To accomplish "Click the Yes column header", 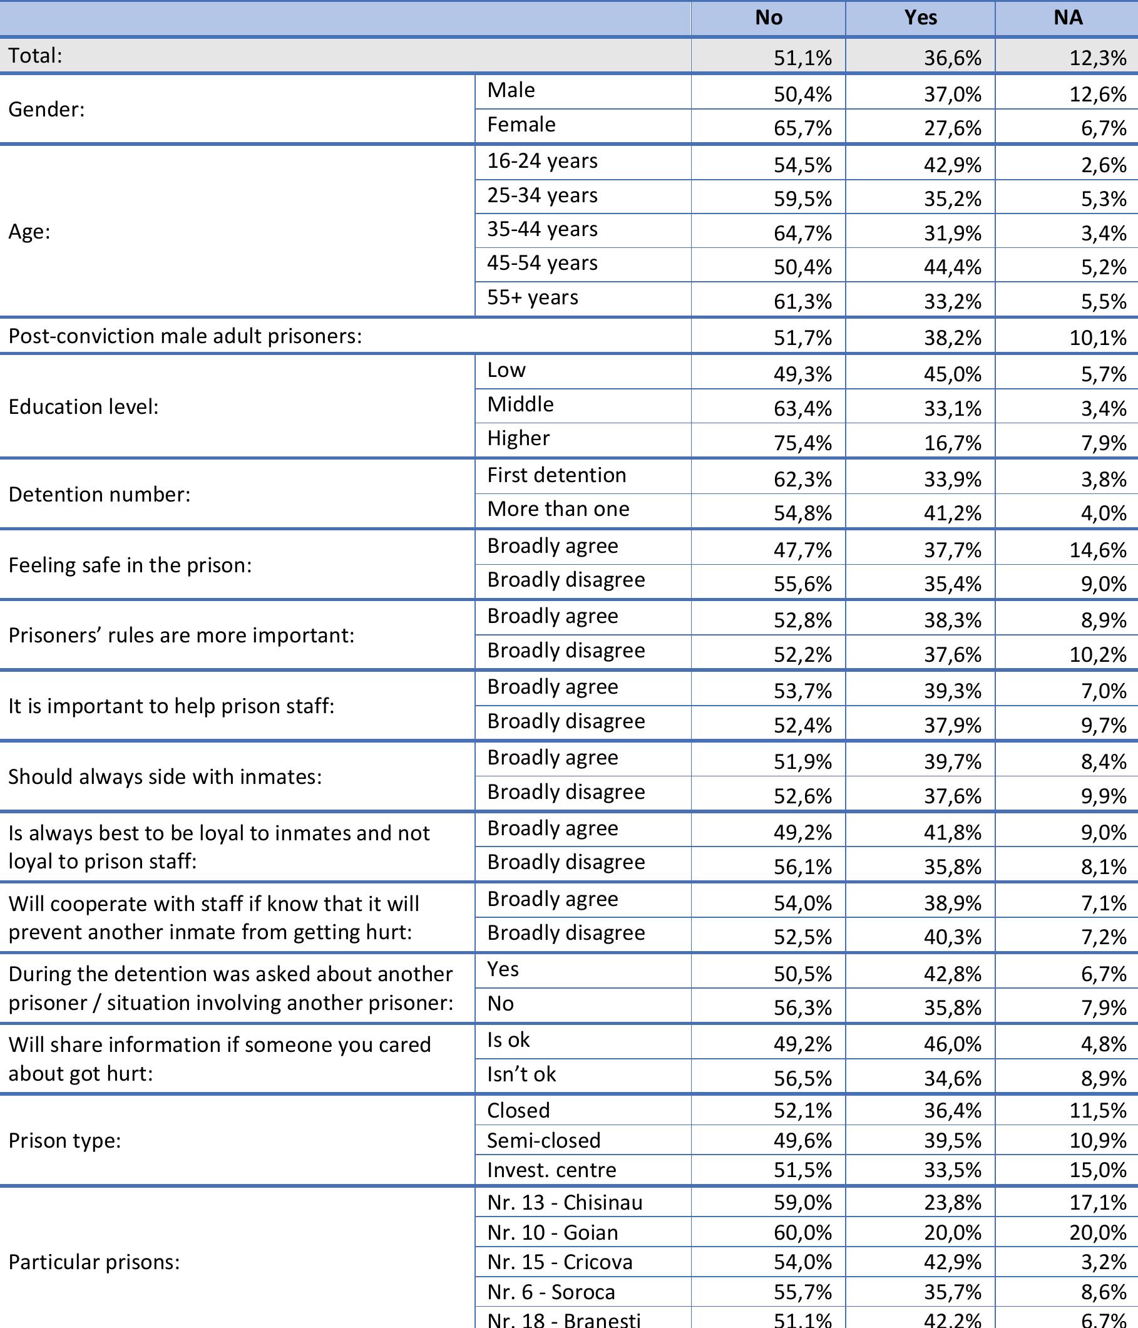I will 920,18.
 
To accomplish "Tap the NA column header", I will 1067,18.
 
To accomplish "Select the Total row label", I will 36,56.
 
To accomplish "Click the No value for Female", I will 802,128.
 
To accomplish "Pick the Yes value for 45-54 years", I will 952,267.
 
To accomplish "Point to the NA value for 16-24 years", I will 1104,165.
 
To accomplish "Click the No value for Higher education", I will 802,443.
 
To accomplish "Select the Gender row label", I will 47,110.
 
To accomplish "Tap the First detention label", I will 556,475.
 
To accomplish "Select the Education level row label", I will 83,407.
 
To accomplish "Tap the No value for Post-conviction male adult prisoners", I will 802,337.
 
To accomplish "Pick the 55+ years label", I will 533,297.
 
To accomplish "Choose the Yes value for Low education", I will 952,374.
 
